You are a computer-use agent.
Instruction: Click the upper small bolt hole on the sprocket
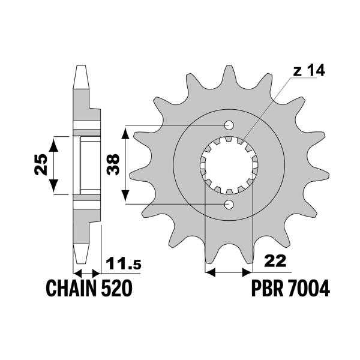[x=229, y=125]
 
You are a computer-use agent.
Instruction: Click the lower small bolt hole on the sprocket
[x=229, y=205]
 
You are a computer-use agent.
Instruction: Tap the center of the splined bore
[x=229, y=166]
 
